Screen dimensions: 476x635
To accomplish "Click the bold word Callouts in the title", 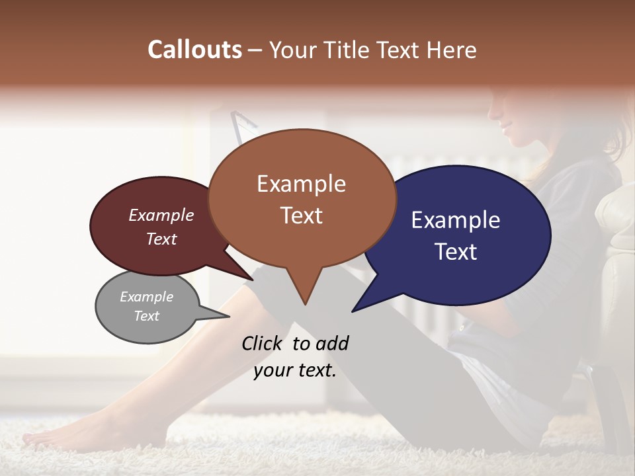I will pos(194,50).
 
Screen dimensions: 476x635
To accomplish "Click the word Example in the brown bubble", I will pos(301,184).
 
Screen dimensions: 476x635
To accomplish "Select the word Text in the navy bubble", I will pos(456,252).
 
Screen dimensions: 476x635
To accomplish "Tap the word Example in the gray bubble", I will pos(147,297).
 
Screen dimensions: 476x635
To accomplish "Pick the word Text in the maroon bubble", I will pos(161,239).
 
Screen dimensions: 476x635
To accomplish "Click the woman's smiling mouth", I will pos(508,124).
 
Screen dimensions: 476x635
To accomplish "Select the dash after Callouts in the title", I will pos(256,50).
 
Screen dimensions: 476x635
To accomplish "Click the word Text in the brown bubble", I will pos(301,216).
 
